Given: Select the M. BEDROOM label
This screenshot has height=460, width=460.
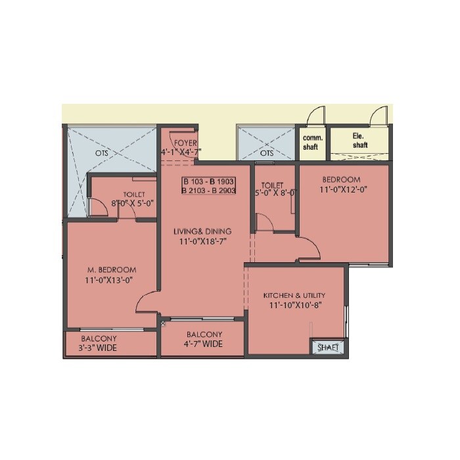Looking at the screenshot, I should click(112, 269).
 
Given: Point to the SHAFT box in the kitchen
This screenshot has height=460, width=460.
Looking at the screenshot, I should click(326, 348).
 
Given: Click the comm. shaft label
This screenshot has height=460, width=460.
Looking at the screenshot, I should click(310, 142).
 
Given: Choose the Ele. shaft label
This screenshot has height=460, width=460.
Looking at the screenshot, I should click(359, 141).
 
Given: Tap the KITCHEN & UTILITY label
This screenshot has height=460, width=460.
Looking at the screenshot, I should click(294, 295).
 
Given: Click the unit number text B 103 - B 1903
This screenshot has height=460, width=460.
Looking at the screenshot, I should click(208, 181).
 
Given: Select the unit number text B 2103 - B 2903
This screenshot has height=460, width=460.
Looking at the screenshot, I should click(208, 191).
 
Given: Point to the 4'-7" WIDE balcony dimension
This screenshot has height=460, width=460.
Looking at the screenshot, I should click(204, 344).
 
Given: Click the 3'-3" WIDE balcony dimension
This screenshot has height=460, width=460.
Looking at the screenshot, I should click(98, 348).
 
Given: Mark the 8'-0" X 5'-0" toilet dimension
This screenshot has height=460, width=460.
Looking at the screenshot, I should click(133, 203).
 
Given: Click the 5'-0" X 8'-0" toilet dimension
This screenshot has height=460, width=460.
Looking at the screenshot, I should click(275, 193).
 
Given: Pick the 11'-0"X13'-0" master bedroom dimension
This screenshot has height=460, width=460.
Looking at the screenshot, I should click(112, 280).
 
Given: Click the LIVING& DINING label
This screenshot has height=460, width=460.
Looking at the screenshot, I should click(202, 231).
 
